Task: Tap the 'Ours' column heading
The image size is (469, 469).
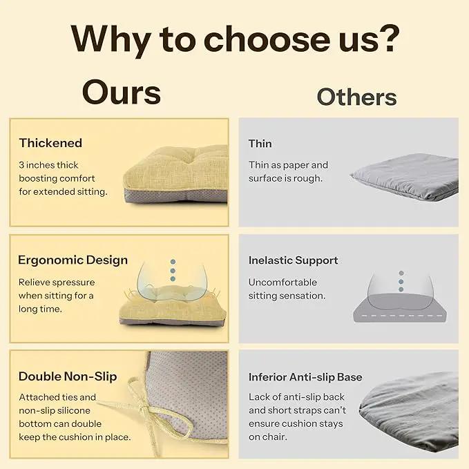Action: pos(122,93)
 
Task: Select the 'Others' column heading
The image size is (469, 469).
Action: pos(356,97)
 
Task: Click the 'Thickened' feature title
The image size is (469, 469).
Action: pos(50,143)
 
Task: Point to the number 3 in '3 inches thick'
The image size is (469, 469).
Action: pos(21,165)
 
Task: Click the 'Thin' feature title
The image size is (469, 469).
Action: pos(260,144)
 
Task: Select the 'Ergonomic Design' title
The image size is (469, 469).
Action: pos(73,260)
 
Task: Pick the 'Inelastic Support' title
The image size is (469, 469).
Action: pos(293,260)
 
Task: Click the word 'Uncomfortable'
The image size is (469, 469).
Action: pos(283,282)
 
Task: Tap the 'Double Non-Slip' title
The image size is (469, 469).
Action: pos(68,376)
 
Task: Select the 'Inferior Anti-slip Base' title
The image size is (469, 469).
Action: pos(305,377)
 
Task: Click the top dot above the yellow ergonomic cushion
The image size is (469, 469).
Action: pos(173,262)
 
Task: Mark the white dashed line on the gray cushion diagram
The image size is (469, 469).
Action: pos(400,316)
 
